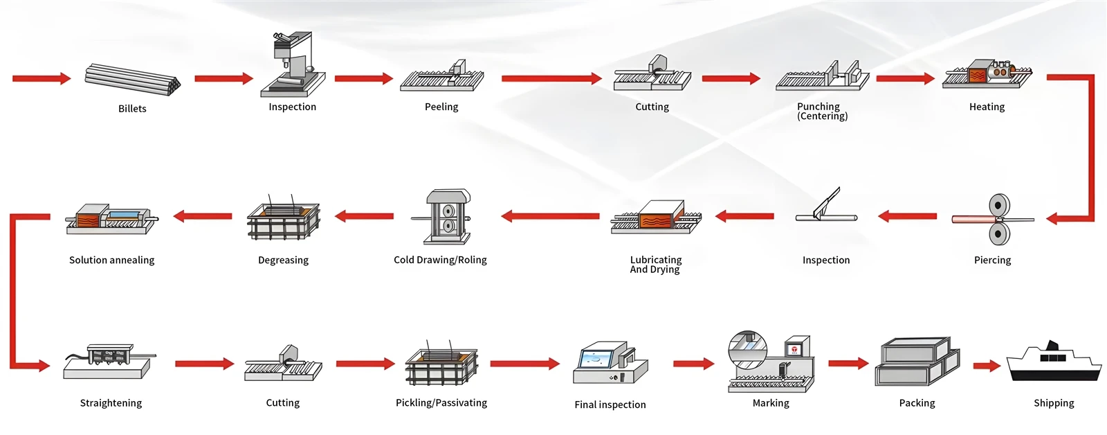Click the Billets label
click(132, 108)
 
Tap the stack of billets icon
click(132, 80)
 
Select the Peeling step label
click(441, 107)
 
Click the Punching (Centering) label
click(822, 112)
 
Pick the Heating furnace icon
click(987, 74)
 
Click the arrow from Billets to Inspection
click(224, 78)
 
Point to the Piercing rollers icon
click(994, 220)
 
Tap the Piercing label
click(992, 260)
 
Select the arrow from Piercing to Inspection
click(907, 216)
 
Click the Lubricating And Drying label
click(655, 265)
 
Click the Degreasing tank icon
click(283, 217)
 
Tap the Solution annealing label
click(111, 260)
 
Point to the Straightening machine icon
click(109, 362)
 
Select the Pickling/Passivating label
click(441, 403)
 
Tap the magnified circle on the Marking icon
click(748, 350)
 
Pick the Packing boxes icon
click(917, 362)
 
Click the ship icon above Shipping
click(1054, 362)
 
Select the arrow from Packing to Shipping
click(987, 366)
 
